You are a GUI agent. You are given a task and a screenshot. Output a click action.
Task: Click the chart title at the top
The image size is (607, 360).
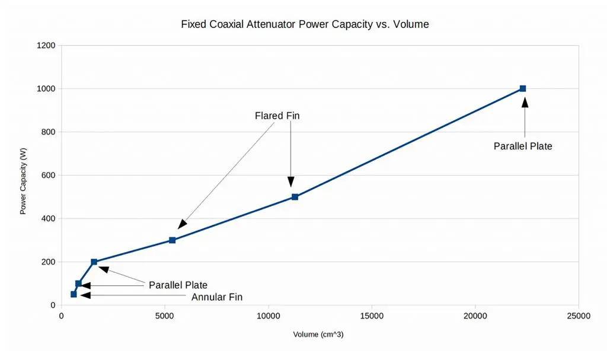tap(305, 24)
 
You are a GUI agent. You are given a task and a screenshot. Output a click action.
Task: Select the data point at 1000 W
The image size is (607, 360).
tap(523, 88)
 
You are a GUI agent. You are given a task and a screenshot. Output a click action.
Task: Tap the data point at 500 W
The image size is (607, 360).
tap(295, 197)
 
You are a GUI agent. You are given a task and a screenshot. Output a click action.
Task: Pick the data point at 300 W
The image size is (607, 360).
tap(172, 240)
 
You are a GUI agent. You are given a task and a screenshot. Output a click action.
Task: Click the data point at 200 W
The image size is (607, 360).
tap(94, 262)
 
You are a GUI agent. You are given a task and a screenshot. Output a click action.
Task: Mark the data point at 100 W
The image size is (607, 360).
tap(78, 283)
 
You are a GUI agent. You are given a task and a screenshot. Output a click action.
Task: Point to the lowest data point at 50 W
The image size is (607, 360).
tap(74, 294)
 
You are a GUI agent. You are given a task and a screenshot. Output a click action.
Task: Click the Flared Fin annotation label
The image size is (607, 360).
tap(277, 116)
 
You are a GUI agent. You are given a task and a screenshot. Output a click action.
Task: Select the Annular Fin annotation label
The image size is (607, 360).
tap(217, 297)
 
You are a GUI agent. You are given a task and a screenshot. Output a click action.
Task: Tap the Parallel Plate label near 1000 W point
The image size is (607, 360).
tap(523, 146)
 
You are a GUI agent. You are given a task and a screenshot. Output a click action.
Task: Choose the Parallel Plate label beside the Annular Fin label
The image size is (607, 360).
tap(178, 285)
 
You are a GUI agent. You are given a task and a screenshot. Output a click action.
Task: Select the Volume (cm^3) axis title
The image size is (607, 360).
tap(318, 334)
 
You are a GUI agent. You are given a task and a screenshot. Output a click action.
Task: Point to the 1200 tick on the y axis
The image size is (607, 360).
tap(46, 46)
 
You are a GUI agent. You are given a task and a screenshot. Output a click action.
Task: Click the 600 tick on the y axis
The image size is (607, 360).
tap(48, 176)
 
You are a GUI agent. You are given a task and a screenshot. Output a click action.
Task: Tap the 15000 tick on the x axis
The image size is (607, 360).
tap(372, 316)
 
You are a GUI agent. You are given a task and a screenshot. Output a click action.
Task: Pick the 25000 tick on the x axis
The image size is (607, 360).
tap(578, 316)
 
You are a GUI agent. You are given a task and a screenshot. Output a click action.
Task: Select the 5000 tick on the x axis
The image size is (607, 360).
tap(165, 316)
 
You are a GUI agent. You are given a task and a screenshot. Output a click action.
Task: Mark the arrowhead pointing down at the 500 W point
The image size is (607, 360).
tap(291, 182)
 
